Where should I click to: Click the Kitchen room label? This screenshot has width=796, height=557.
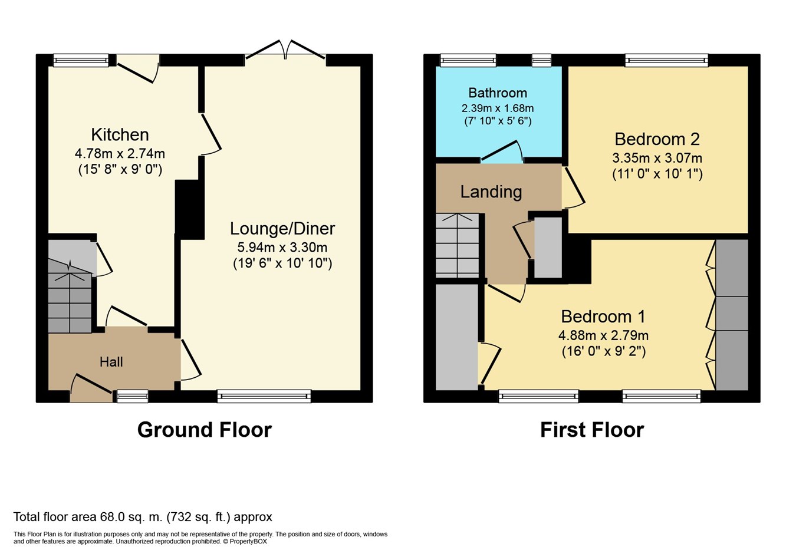pyautogui.click(x=120, y=134)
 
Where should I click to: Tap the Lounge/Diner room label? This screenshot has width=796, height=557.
pyautogui.click(x=282, y=229)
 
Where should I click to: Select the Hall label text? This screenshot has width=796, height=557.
pyautogui.click(x=111, y=362)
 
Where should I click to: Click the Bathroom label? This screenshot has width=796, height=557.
pyautogui.click(x=498, y=93)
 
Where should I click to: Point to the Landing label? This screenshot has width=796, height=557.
pyautogui.click(x=491, y=192)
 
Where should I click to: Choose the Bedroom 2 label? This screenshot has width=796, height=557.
pyautogui.click(x=657, y=139)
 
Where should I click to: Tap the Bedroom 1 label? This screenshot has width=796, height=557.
pyautogui.click(x=603, y=317)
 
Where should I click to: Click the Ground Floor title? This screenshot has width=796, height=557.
pyautogui.click(x=205, y=430)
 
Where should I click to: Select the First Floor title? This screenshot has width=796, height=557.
pyautogui.click(x=592, y=430)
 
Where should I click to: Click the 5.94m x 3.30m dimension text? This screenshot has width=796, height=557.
pyautogui.click(x=282, y=247)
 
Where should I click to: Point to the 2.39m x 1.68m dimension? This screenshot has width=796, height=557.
pyautogui.click(x=498, y=108)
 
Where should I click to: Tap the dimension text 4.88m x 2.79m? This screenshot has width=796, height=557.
pyautogui.click(x=603, y=335)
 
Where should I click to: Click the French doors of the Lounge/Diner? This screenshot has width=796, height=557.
pyautogui.click(x=285, y=50)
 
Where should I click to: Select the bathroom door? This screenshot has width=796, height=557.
pyautogui.click(x=502, y=151)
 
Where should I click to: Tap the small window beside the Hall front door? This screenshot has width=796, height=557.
pyautogui.click(x=133, y=396)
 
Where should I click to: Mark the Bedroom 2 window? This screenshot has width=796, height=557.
pyautogui.click(x=666, y=60)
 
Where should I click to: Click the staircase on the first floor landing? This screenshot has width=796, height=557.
pyautogui.click(x=458, y=245)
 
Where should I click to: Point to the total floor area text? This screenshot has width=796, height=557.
pyautogui.click(x=143, y=517)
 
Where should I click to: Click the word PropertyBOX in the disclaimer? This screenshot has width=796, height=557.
pyautogui.click(x=248, y=542)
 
